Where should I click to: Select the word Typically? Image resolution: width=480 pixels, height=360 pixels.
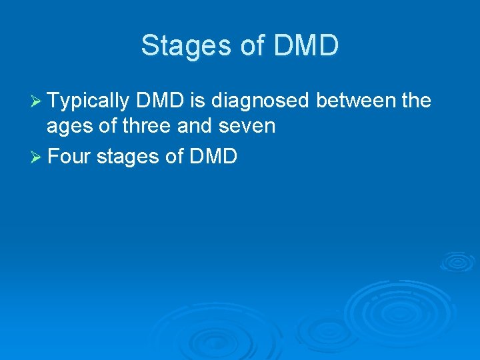(x=88, y=101)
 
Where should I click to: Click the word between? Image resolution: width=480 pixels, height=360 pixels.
(x=355, y=101)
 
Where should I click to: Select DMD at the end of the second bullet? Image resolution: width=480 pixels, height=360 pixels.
(x=213, y=157)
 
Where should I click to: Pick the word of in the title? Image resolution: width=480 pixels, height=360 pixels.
(x=243, y=46)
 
